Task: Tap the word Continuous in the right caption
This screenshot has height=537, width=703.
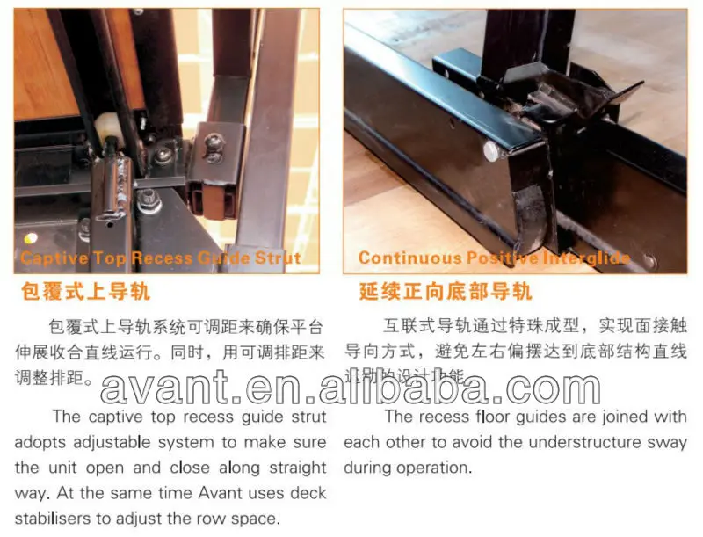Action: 408,258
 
